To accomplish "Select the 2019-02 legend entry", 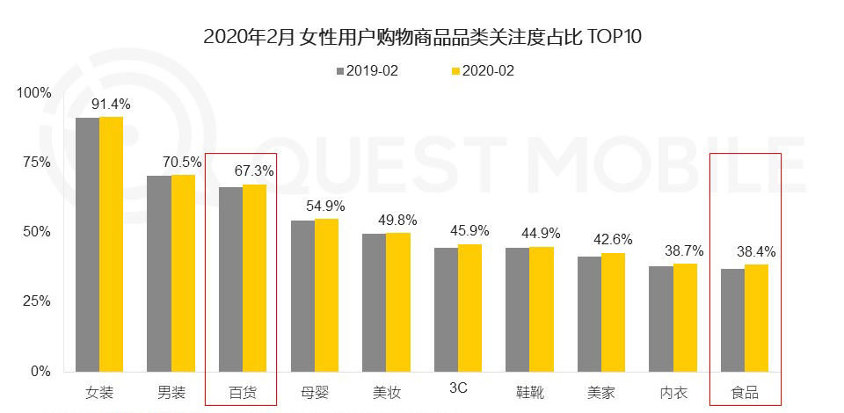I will coord(367,71).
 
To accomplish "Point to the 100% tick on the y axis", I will coord(35,93).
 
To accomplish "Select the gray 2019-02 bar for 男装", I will coord(158,273).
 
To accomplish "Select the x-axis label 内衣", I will coord(673,392).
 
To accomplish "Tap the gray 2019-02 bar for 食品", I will coord(732,320).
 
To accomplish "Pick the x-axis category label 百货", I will coord(242,392).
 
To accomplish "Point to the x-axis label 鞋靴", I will coord(529,392).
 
